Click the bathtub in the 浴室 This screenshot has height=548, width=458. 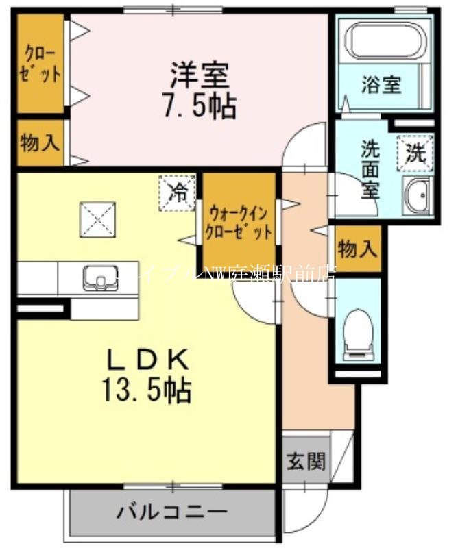click(384, 42)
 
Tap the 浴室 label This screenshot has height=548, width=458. click(381, 86)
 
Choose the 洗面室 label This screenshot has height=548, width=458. click(371, 169)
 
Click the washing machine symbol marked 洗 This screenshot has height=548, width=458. click(415, 153)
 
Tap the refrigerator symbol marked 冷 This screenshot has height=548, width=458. click(177, 191)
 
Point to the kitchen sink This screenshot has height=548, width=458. click(101, 278)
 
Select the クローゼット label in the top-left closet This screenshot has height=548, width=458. click(41, 63)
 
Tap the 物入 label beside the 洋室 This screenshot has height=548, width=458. click(40, 144)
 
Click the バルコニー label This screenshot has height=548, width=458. click(171, 512)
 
